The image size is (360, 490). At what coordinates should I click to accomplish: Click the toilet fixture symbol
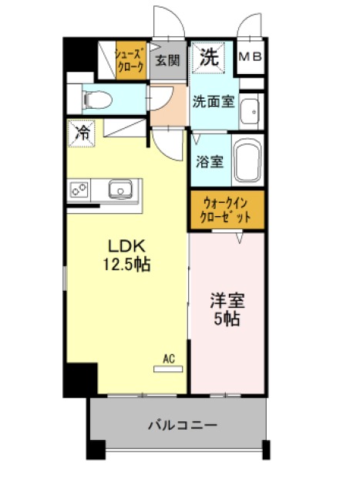coord(98,100)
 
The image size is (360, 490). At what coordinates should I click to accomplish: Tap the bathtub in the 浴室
coord(248,161)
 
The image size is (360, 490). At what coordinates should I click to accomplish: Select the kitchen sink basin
coord(120,189)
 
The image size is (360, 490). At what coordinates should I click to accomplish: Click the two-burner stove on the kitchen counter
coord(79,190)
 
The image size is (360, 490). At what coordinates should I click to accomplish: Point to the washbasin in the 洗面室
coord(250,112)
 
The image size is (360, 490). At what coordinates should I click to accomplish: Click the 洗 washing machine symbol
coord(208,58)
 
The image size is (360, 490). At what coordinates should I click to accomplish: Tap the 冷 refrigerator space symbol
coord(82,133)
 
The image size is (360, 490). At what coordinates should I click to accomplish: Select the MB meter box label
coord(251,56)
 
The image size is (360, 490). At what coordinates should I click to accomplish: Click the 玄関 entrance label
coord(168,60)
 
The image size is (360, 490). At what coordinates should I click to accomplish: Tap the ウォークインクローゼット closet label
coord(225,210)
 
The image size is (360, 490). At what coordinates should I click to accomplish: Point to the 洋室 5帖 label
coord(227,309)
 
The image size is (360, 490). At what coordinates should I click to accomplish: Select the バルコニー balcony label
coord(183,425)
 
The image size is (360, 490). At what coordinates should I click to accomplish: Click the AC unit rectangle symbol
coord(168,369)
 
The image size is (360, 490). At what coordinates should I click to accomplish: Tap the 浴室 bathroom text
coord(210,161)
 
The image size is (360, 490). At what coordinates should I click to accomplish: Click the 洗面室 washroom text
coord(214,101)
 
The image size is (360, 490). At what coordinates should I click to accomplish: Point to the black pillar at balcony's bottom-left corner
coord(96,450)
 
